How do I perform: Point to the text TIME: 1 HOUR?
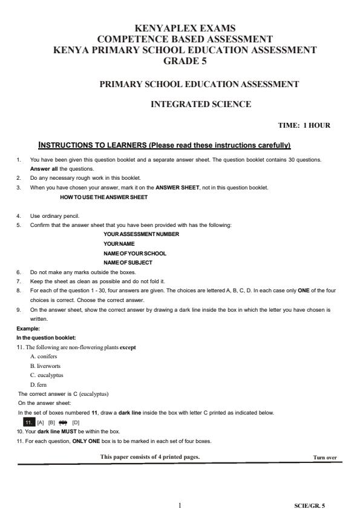tap(304, 125)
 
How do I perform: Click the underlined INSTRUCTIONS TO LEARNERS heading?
tap(165, 145)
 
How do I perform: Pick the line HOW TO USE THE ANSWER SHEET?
tap(103, 197)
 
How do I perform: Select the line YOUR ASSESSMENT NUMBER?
tap(141, 234)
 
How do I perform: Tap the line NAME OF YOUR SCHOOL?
tap(134, 253)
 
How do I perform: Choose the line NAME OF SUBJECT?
tap(128, 263)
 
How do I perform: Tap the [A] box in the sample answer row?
tap(41, 422)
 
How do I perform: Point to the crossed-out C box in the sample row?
tap(63, 422)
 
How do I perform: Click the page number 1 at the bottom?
tap(180, 504)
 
